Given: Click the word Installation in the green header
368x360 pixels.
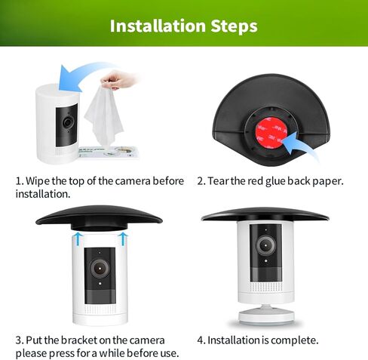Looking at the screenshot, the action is tap(158, 26).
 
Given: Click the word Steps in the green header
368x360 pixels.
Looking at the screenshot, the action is tap(235, 26).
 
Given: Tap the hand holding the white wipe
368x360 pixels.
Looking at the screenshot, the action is tap(118, 80).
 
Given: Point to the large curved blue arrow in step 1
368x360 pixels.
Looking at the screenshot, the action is tap(83, 73).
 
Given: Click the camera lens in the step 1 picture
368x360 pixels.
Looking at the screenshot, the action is tap(67, 122).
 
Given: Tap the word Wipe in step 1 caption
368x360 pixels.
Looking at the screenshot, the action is tap(38, 181).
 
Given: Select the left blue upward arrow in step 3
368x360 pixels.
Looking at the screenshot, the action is tap(78, 239).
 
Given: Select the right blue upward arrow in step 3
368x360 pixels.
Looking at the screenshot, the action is tap(123, 239).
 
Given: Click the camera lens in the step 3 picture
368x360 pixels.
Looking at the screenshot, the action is tap(100, 269).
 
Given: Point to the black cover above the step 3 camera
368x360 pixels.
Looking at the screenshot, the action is tap(99, 217).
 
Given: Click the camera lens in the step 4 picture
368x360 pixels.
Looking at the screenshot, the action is tap(265, 245).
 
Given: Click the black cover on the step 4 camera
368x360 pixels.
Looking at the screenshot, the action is tap(265, 215).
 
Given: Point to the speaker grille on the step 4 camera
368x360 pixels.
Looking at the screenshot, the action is tap(265, 287).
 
